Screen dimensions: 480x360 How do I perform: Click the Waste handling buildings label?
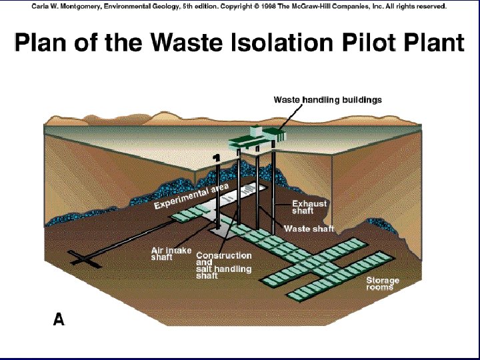click(327, 100)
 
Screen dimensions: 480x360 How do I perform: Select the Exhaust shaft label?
click(309, 207)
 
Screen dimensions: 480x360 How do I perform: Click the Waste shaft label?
click(309, 229)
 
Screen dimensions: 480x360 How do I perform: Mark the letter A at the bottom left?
click(59, 320)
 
